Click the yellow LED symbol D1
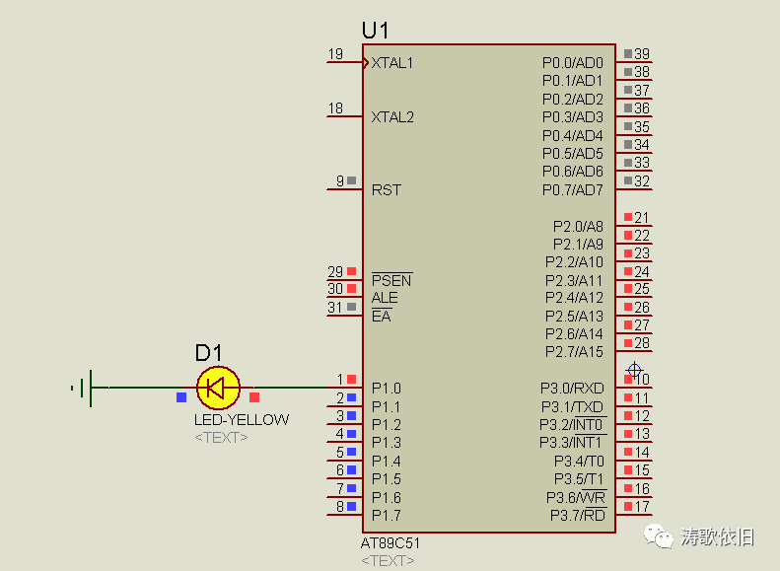pyautogui.click(x=218, y=388)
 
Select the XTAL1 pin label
pyautogui.click(x=392, y=62)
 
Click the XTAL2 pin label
pyautogui.click(x=392, y=116)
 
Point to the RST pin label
pyautogui.click(x=387, y=189)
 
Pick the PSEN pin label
pyautogui.click(x=391, y=280)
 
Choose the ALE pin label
pyautogui.click(x=385, y=298)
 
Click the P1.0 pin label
pyautogui.click(x=387, y=389)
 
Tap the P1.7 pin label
pyautogui.click(x=387, y=516)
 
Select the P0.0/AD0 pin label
pyautogui.click(x=572, y=62)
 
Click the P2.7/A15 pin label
pyautogui.click(x=576, y=352)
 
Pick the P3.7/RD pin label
pyautogui.click(x=577, y=516)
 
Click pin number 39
pyautogui.click(x=642, y=54)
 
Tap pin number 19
pyautogui.click(x=335, y=54)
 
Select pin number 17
pyautogui.click(x=642, y=507)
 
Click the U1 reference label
pyautogui.click(x=375, y=30)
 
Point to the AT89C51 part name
pyautogui.click(x=390, y=543)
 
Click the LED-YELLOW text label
pyautogui.click(x=242, y=419)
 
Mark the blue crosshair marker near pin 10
pyautogui.click(x=634, y=371)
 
